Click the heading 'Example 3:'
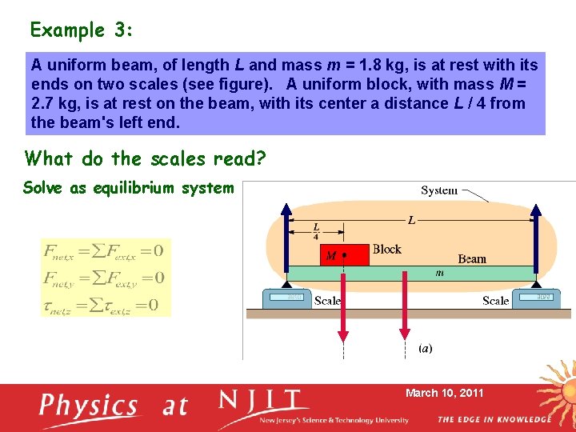(82, 30)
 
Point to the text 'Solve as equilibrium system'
(128, 188)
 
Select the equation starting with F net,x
(104, 251)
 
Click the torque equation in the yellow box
(104, 304)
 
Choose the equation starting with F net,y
(104, 278)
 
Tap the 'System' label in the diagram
(439, 190)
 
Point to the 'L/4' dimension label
(316, 232)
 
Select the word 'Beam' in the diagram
(472, 258)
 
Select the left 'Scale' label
(327, 301)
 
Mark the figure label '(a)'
(426, 349)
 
